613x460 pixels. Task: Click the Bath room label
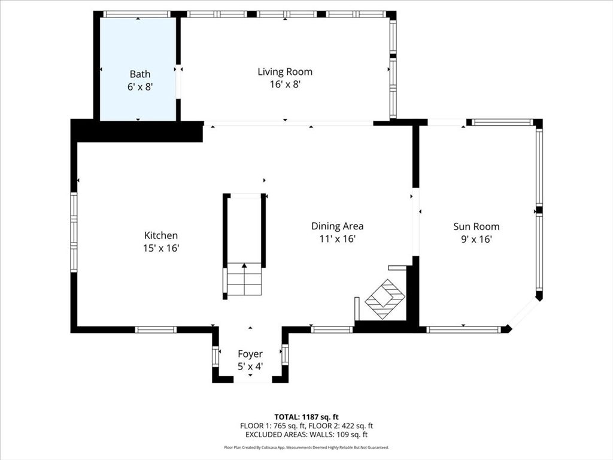pos(140,74)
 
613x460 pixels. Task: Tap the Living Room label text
pos(284,72)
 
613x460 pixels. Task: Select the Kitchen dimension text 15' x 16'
pos(160,248)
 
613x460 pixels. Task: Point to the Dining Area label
pos(337,226)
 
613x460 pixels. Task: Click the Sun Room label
pos(476,226)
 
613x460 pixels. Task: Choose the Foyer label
pos(250,354)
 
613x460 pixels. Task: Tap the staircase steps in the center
pos(244,280)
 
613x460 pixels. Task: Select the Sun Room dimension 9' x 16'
pos(476,239)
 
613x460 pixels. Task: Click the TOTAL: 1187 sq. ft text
pos(306,416)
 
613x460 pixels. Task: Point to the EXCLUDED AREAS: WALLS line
pos(306,435)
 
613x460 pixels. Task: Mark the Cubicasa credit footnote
pos(306,447)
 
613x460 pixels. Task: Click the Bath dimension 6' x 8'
pos(140,86)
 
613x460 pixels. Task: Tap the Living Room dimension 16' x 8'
pos(284,84)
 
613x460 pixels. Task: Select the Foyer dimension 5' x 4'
pos(250,365)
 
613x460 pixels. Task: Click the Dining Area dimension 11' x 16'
pos(337,239)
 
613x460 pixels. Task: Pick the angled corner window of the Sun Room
pos(524,313)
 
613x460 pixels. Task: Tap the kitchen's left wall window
pos(74,232)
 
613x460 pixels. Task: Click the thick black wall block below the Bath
pos(138,131)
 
